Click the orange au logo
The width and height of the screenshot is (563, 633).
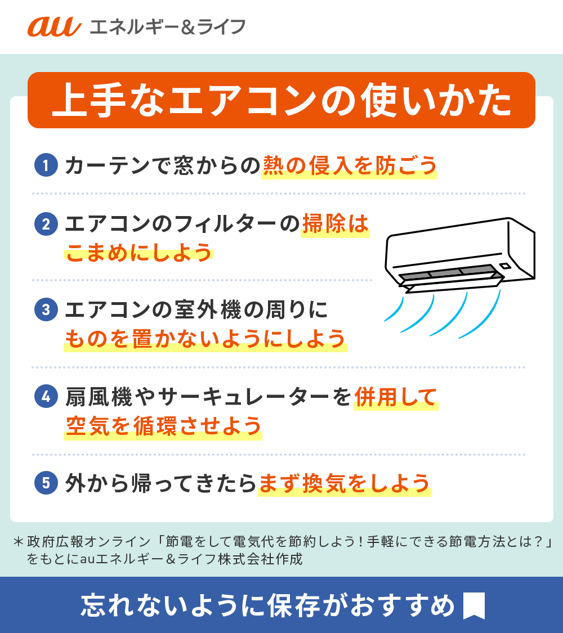[x=55, y=26]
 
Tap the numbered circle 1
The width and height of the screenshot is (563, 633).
[x=46, y=165]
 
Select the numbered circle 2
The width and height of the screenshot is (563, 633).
[x=46, y=224]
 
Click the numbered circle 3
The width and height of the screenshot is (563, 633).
[x=46, y=309]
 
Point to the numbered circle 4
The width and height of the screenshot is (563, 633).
[x=46, y=397]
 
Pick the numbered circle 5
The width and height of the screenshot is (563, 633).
[x=46, y=483]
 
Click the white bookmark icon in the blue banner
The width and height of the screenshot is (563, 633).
[x=473, y=605]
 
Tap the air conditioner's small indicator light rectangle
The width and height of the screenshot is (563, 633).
[x=505, y=266]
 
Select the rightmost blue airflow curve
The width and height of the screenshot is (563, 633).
[x=482, y=317]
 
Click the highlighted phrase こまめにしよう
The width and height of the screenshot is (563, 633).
[x=139, y=253]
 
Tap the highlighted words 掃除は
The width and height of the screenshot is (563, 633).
[x=335, y=224]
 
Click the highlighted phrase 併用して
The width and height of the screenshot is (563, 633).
[x=396, y=397]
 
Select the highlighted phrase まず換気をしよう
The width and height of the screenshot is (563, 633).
[x=344, y=483]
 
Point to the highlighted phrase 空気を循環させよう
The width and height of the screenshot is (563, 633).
[x=163, y=426]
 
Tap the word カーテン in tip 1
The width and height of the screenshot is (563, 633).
[x=107, y=165]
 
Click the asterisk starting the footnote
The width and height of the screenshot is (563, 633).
[x=18, y=541]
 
